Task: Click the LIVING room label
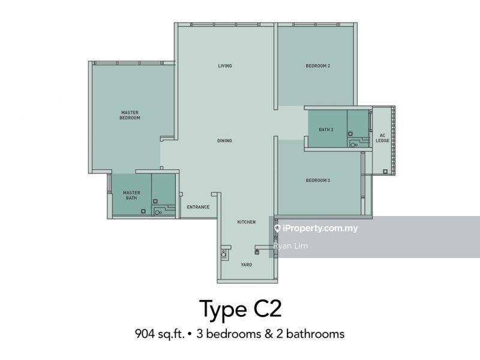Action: [225, 66]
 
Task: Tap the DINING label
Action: [224, 141]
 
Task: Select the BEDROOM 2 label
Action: [318, 66]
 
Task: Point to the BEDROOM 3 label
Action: [318, 181]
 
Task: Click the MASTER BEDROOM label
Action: [130, 115]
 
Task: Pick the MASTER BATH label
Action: [131, 196]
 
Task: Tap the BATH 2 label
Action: [326, 130]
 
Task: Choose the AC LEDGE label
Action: [382, 138]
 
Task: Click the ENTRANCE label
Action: [199, 207]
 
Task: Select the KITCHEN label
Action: [247, 222]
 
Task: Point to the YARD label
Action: [247, 265]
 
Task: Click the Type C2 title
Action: [241, 308]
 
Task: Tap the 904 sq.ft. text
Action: [160, 334]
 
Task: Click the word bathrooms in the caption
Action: [315, 334]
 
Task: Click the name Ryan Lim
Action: [290, 246]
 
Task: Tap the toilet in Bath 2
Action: [354, 145]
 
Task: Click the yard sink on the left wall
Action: [224, 254]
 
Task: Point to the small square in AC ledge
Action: [385, 172]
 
